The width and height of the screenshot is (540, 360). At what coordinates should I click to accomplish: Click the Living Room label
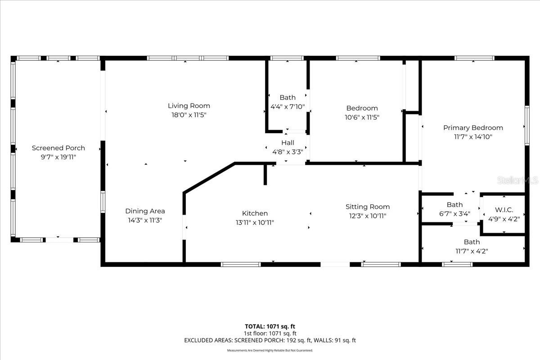tap(189, 106)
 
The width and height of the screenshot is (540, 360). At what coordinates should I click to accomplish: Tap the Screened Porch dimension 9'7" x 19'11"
tap(58, 157)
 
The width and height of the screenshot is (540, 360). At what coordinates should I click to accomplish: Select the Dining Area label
tap(145, 211)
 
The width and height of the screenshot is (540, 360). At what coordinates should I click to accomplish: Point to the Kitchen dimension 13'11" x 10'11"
tap(255, 222)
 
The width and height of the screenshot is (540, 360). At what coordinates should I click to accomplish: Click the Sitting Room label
tap(368, 207)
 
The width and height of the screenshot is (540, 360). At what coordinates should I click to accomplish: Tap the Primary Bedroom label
tap(473, 128)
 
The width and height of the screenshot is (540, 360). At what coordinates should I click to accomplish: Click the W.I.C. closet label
tap(504, 210)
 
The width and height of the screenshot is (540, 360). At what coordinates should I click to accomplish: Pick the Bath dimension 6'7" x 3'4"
tap(454, 214)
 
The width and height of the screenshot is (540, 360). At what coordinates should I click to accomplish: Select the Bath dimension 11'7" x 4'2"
tap(472, 251)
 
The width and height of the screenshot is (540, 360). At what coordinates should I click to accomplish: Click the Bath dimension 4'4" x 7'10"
tap(288, 107)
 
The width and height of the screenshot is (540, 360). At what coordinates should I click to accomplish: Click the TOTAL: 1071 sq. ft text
tap(270, 326)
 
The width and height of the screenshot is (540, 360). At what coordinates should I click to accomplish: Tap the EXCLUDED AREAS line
tap(270, 341)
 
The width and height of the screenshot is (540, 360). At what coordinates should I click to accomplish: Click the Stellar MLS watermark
tap(522, 180)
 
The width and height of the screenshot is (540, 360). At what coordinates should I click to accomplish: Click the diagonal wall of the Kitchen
tap(209, 178)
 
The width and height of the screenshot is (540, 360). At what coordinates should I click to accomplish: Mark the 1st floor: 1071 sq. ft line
tap(270, 333)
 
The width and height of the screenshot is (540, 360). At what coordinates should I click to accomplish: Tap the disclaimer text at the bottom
tap(270, 350)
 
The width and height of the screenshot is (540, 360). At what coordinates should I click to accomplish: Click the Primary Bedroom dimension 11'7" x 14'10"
tap(473, 136)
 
